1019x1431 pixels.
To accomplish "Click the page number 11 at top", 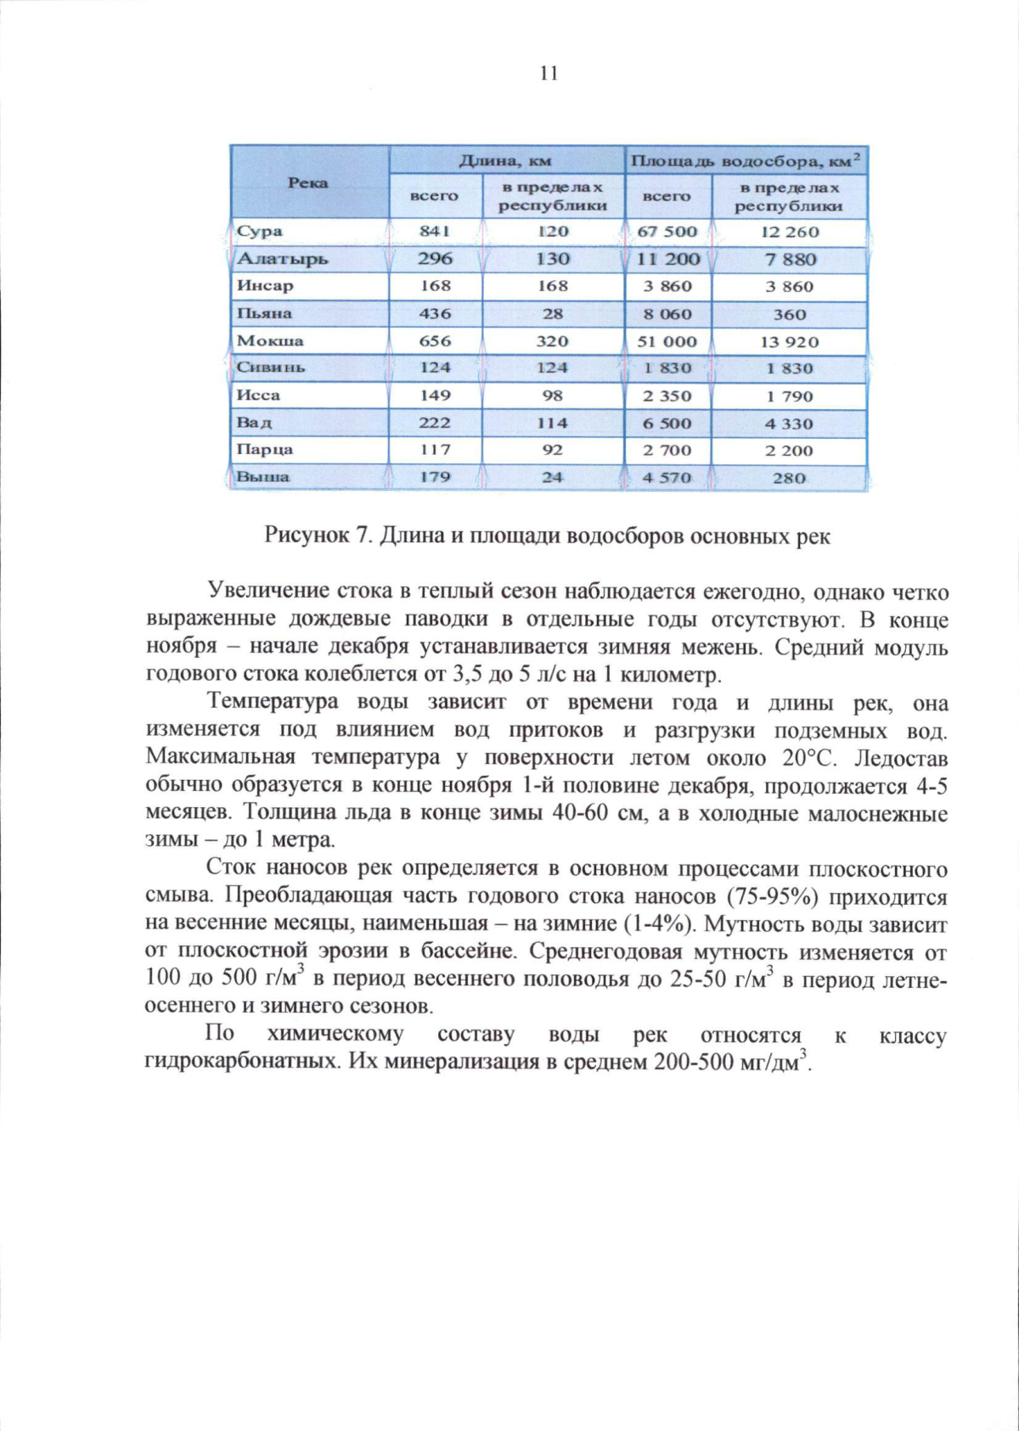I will [549, 74].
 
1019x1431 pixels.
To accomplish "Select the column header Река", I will [308, 183].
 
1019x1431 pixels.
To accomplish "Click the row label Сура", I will [260, 232].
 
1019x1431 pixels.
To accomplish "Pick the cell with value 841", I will [435, 232].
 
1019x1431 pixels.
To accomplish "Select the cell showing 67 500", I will [667, 232].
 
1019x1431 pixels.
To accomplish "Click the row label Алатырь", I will [282, 259].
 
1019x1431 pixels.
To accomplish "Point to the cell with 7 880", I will [789, 260].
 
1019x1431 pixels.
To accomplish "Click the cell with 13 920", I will [789, 342].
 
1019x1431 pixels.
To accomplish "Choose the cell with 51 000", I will [667, 342].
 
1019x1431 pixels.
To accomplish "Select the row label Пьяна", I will [264, 314].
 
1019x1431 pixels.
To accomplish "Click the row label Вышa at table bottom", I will [262, 477].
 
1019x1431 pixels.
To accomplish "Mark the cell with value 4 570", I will [667, 478].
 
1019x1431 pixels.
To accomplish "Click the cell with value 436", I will [435, 314].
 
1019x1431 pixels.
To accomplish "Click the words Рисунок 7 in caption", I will [318, 537].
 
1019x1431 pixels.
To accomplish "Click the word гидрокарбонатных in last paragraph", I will [244, 1063].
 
